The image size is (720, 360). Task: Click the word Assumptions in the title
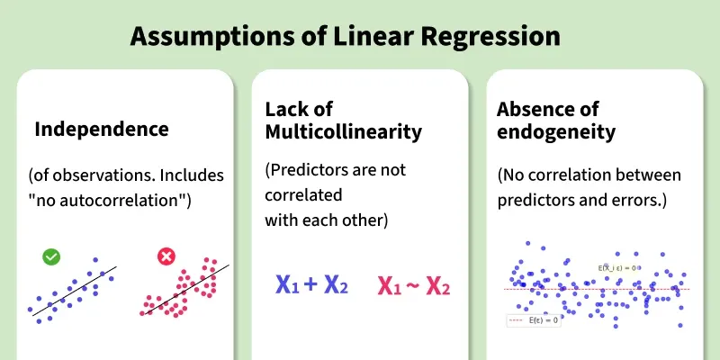(x=212, y=37)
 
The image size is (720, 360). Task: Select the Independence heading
(x=102, y=130)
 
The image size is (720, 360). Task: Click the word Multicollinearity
(x=344, y=132)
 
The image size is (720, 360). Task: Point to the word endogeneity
(x=556, y=132)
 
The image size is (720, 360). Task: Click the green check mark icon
(x=51, y=256)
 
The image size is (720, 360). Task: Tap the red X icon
(x=166, y=256)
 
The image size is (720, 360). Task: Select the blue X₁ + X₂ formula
(x=311, y=284)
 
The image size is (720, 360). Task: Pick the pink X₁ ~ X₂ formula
(x=414, y=286)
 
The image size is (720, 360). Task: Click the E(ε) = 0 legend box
(x=534, y=320)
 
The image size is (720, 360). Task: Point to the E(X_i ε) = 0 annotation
(x=616, y=267)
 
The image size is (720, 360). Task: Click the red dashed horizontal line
(x=597, y=289)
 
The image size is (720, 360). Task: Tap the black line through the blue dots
(x=75, y=291)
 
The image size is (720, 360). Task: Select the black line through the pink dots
(x=187, y=290)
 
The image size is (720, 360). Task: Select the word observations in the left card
(x=103, y=175)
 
